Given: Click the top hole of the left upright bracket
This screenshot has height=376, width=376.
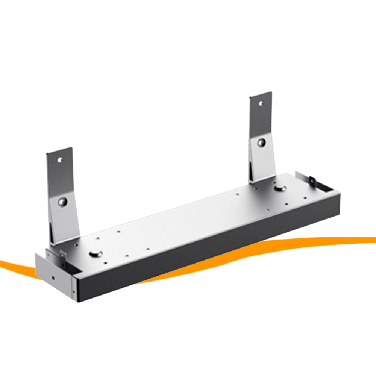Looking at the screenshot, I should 60,160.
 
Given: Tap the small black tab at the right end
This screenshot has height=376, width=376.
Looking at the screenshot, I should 312,181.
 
